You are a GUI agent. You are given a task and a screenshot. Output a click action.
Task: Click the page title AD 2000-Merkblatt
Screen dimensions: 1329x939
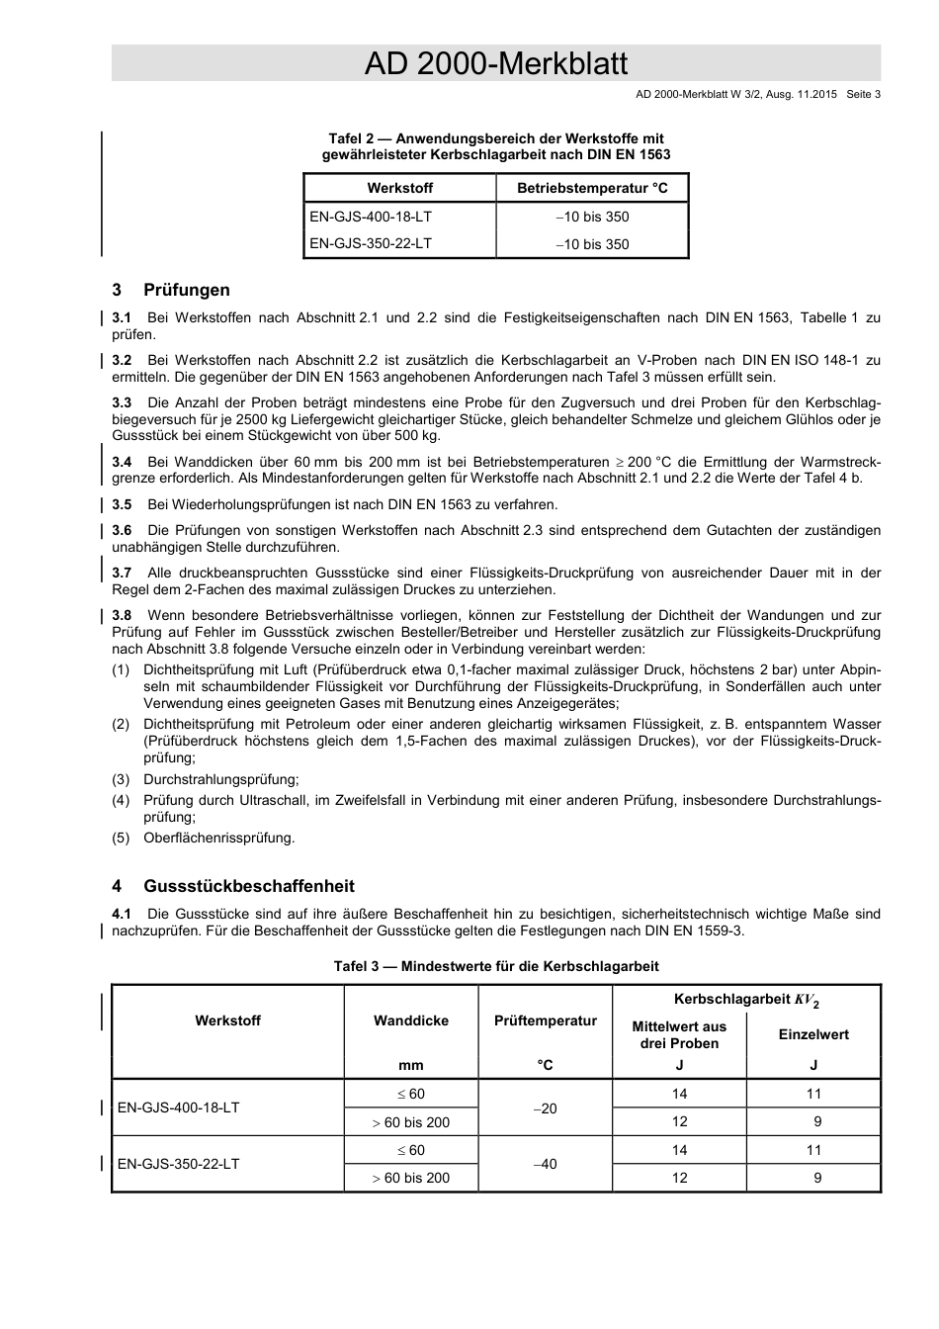(495, 64)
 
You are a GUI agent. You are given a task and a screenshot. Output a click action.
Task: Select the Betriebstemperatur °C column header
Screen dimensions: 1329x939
(592, 188)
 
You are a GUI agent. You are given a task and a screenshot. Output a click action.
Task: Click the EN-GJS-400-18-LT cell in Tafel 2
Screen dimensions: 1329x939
(371, 217)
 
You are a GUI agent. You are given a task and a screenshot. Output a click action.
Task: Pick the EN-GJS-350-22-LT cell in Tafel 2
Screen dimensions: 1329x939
(371, 243)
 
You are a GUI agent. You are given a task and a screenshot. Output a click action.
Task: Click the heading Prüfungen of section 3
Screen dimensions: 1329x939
(186, 290)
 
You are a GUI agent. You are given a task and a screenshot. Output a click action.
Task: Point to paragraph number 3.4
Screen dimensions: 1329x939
(122, 462)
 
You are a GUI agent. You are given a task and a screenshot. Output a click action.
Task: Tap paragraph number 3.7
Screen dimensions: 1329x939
(122, 573)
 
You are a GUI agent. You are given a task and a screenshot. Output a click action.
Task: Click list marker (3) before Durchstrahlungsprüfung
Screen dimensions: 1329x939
(121, 779)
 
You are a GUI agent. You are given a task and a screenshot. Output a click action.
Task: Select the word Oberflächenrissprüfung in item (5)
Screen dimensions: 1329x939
(218, 838)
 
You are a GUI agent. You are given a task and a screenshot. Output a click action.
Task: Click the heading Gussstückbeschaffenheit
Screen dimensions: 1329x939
(248, 886)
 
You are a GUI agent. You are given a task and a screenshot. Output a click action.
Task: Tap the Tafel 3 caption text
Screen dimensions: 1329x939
(495, 966)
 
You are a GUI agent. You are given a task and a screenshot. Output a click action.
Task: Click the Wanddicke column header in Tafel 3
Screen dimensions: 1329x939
(410, 1020)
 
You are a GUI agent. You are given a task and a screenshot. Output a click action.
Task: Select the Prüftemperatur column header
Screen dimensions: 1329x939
(546, 1020)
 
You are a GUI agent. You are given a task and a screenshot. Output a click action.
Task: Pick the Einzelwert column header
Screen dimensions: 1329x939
(813, 1034)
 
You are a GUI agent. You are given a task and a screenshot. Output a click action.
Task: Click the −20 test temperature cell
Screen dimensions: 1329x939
(546, 1108)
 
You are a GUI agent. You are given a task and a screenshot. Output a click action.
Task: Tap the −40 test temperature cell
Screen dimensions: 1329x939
(546, 1164)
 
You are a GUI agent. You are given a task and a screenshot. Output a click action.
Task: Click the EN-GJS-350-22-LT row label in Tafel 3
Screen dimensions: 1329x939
(178, 1164)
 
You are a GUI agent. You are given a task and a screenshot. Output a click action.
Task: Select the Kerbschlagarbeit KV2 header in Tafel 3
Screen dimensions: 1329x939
(746, 1000)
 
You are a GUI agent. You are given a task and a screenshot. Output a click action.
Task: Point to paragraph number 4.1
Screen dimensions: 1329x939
(122, 914)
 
